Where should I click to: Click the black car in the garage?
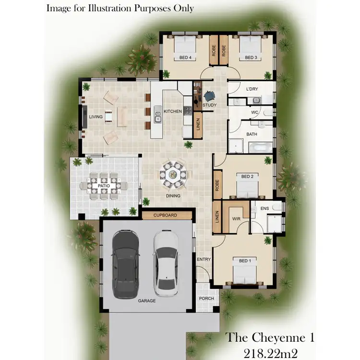125,264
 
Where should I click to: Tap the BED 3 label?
251,58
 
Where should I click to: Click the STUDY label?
209,105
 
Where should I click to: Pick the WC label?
255,113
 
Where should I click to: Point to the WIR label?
236,218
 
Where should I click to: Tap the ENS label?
264,209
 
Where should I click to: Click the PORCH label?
206,298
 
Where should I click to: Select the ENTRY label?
204,260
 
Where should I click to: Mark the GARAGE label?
147,300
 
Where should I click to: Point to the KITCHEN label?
173,111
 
